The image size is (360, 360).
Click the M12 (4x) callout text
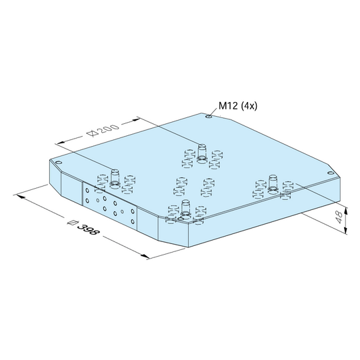[x=238, y=106]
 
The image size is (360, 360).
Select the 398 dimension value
[x=89, y=229]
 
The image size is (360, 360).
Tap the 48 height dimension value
[x=339, y=217]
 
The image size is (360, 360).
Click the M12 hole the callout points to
[x=209, y=117]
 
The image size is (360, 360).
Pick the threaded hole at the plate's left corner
[x=59, y=163]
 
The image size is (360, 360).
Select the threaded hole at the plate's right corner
[x=331, y=173]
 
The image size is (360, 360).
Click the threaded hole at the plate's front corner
[x=181, y=218]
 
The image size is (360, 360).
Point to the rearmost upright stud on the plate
[x=202, y=151]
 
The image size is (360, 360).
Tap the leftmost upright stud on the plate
[x=115, y=177]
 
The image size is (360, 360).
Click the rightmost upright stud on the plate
[x=273, y=183]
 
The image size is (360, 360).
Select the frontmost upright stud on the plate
[x=185, y=207]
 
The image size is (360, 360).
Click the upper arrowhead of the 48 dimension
[x=346, y=210]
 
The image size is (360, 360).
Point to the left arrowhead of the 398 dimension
[x=19, y=197]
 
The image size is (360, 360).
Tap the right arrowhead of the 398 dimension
[x=145, y=256]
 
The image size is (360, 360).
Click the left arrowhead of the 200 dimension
[x=61, y=143]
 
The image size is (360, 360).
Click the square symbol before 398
[x=73, y=223]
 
